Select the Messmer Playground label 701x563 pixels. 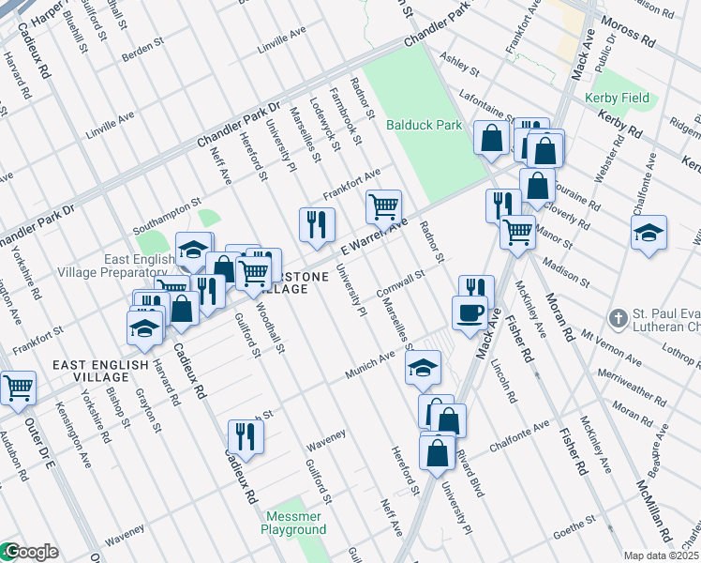296,524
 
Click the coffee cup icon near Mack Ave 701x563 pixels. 470,313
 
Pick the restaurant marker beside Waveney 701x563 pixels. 246,435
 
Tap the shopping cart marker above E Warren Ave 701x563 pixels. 383,205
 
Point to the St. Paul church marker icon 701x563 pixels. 618,319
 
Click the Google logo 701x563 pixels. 30,552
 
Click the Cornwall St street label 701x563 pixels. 401,281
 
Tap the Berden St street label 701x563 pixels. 142,55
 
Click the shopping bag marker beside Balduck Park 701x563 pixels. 492,138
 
